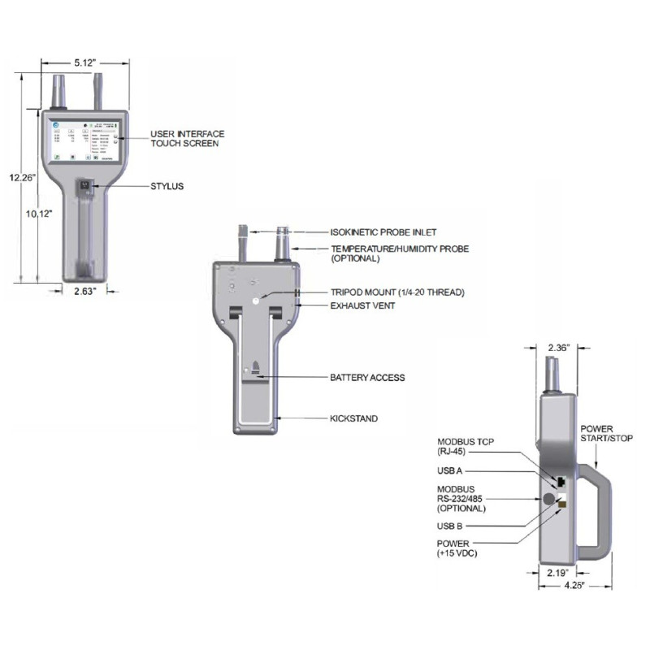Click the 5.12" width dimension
[x=85, y=62]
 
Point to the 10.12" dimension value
[x=39, y=214]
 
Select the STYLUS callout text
[x=167, y=186]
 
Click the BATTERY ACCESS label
[x=366, y=378]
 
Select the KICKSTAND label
[x=353, y=418]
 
